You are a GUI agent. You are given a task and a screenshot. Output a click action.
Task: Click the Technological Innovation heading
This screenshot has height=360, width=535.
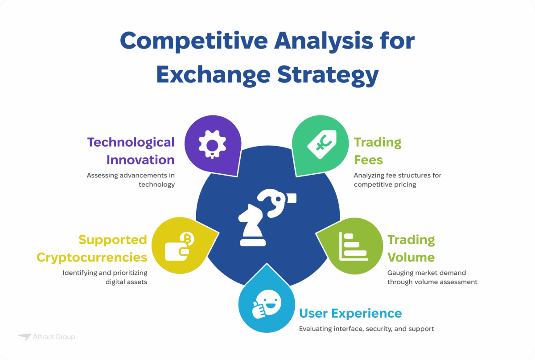tap(131, 151)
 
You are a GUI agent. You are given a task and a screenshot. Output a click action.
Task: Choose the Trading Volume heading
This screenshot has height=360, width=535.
tap(411, 249)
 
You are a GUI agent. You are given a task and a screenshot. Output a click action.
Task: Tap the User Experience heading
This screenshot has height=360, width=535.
tap(350, 313)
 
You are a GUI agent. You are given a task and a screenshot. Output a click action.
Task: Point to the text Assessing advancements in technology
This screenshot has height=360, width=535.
tap(131, 180)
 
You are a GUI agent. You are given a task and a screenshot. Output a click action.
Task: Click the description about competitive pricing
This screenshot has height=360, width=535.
tap(397, 180)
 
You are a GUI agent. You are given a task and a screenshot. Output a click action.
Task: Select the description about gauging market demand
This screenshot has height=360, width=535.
tap(432, 277)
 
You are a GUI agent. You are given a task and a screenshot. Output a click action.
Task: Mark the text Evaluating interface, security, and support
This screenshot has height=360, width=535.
tap(366, 329)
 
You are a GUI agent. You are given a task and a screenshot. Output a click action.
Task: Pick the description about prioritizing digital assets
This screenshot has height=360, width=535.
tap(105, 277)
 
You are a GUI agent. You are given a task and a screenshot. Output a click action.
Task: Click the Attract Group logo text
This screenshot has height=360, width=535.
tap(53, 337)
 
